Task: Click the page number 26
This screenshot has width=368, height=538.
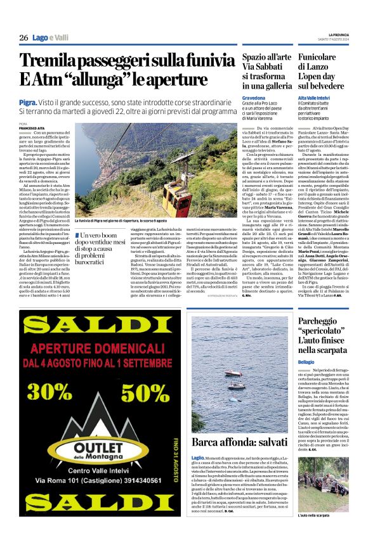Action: click(x=23, y=38)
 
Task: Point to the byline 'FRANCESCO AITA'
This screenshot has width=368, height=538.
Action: click(x=32, y=128)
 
